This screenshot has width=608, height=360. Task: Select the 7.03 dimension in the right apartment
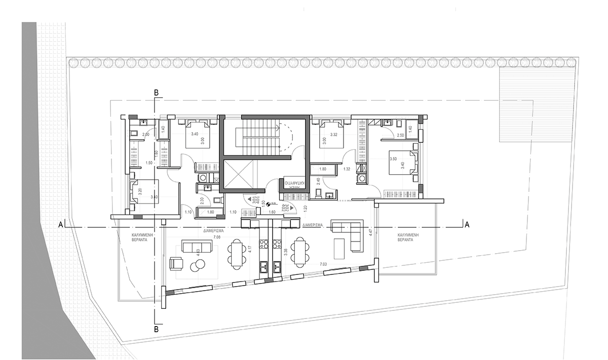(x=323, y=264)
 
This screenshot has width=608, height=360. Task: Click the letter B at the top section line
(x=157, y=92)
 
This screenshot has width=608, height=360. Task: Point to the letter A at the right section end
(x=467, y=224)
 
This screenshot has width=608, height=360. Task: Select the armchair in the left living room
(x=175, y=263)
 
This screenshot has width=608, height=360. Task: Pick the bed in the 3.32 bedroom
(x=330, y=134)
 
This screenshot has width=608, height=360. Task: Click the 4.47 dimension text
(x=371, y=233)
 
